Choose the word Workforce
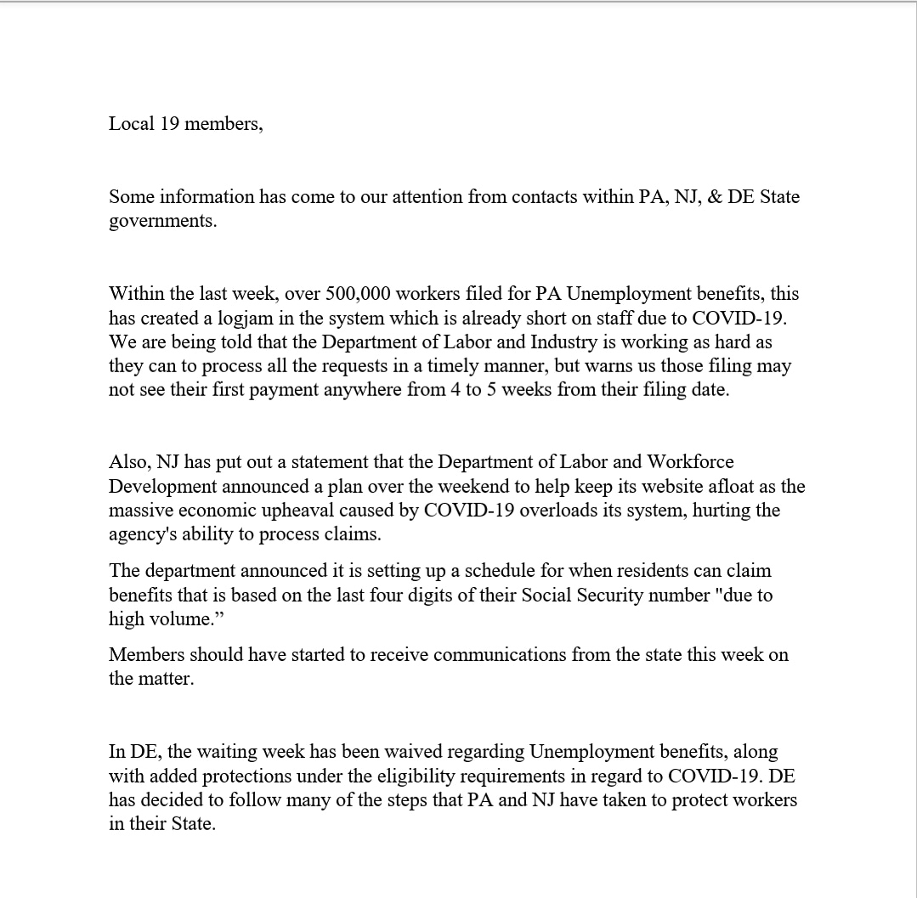(689, 462)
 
